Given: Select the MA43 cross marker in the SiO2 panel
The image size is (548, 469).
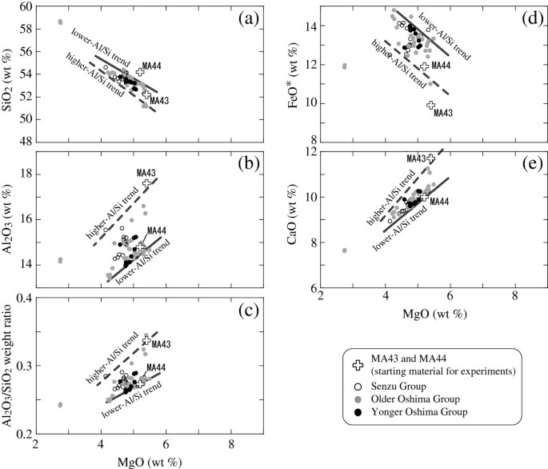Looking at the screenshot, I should (146, 94).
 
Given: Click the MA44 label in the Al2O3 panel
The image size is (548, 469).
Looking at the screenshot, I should (156, 231).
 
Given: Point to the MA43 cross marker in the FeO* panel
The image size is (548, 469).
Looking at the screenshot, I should (430, 105).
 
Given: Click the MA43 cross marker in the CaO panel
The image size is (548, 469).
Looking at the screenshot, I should (431, 158).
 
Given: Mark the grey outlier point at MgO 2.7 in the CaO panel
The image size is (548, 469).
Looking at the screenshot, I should (345, 250).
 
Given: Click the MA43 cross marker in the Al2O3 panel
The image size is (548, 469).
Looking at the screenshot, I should (146, 183).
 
